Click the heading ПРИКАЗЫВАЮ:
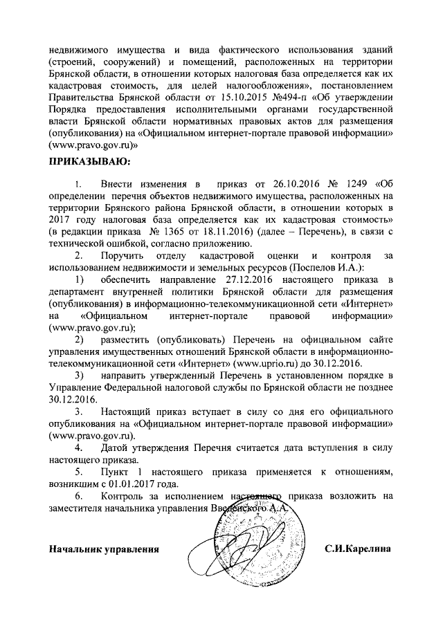click(88, 162)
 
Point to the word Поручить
click(125, 255)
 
